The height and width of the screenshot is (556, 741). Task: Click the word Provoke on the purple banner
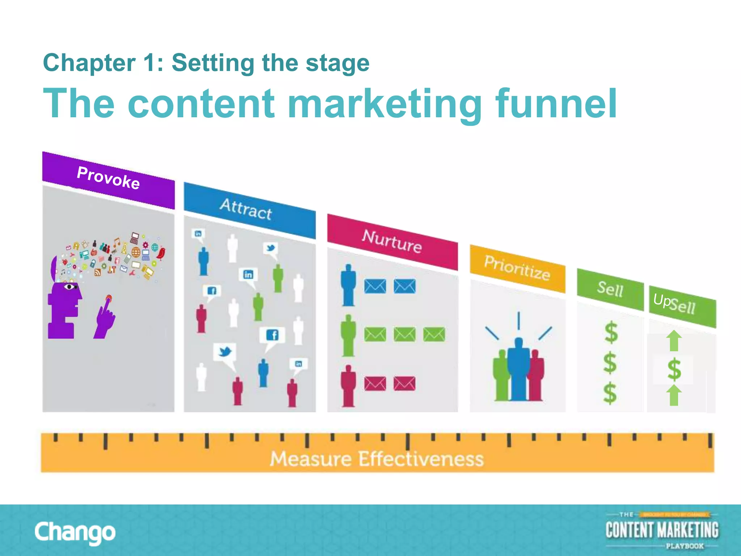pos(108,178)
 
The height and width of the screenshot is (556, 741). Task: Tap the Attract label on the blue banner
pos(246,209)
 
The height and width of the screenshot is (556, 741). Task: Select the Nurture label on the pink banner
pos(392,241)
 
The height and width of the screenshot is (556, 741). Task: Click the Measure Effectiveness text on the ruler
pos(376,459)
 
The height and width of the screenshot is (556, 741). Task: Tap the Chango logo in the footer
pos(75,532)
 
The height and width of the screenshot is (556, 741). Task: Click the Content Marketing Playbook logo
pos(662,530)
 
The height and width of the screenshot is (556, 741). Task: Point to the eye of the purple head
pos(69,287)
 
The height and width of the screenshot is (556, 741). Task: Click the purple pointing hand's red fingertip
pos(109,299)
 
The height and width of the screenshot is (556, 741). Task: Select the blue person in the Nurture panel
pos(348,285)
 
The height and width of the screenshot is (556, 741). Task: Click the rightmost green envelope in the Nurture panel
pos(434,334)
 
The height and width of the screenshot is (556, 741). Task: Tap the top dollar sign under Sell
pos(611,332)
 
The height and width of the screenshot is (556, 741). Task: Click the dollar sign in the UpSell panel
pos(674,370)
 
